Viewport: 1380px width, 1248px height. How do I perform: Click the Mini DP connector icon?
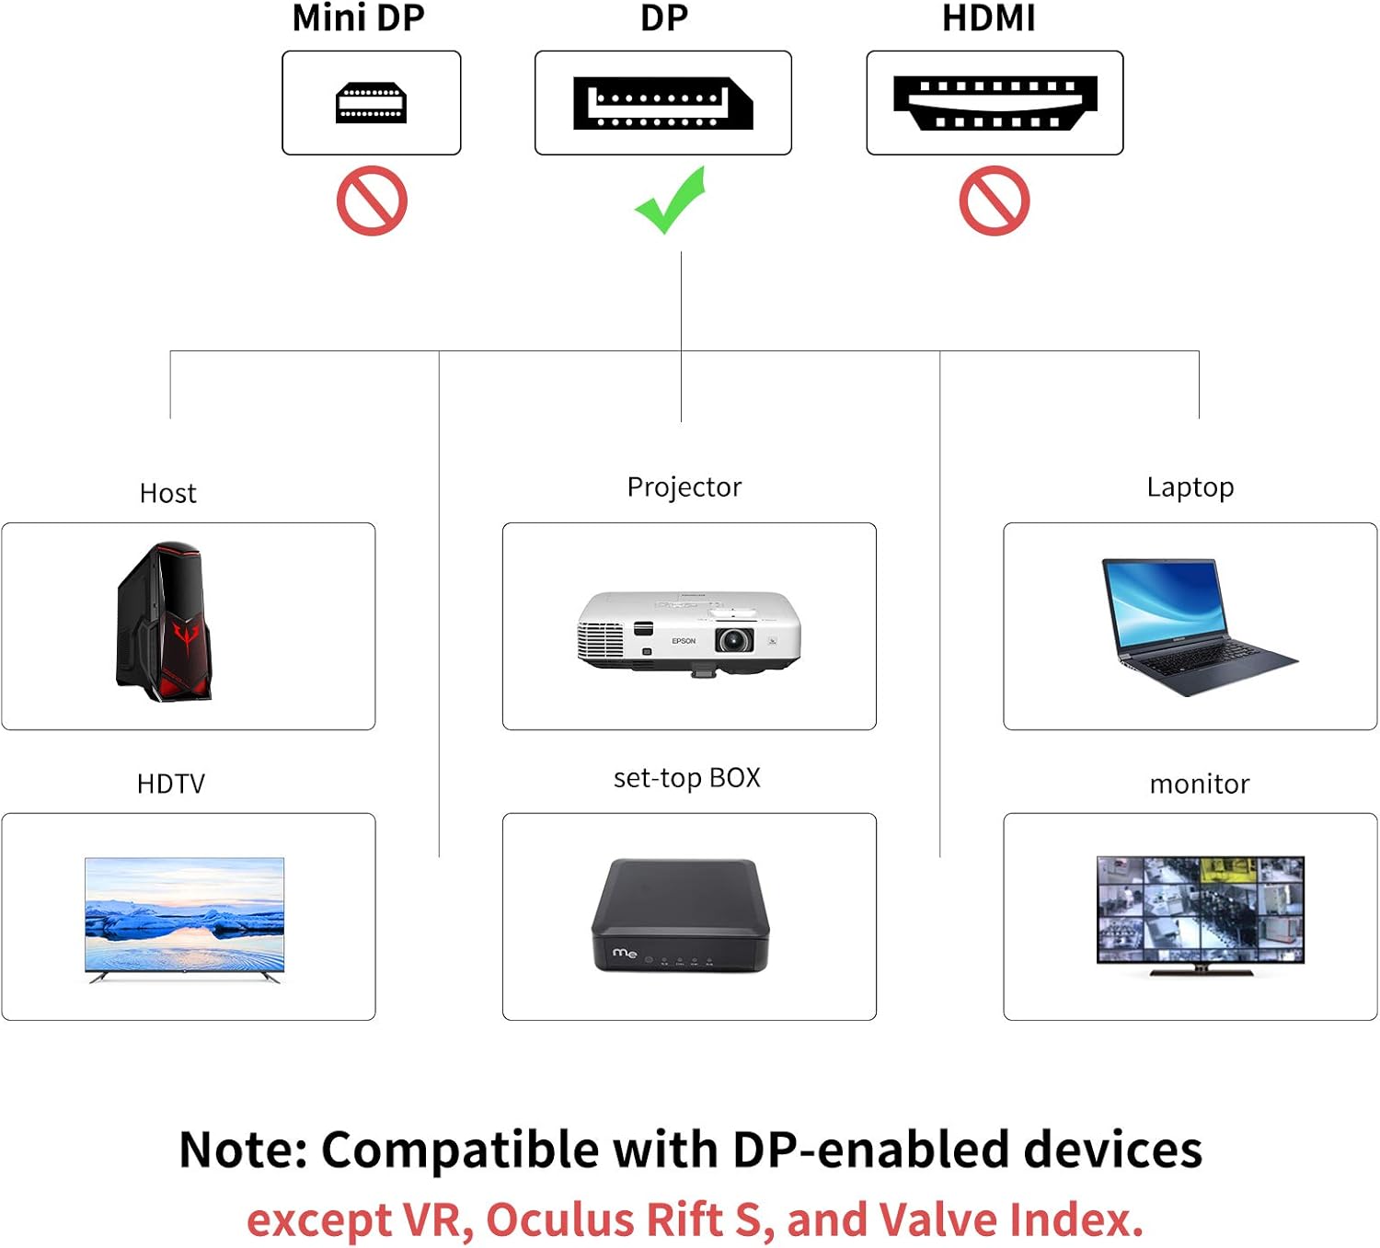[371, 103]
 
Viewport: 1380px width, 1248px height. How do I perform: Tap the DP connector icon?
[662, 103]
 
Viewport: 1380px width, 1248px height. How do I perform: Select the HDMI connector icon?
[995, 103]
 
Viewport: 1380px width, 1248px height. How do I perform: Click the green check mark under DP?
[671, 200]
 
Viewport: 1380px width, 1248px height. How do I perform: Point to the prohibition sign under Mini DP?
[372, 200]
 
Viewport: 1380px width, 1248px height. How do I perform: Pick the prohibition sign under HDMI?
[995, 200]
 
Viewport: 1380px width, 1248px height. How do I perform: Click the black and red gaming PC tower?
[164, 622]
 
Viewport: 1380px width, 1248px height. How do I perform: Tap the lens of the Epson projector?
[734, 639]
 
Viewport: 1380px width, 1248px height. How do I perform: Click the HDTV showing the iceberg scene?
[184, 916]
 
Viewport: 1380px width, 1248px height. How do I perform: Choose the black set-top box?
[680, 916]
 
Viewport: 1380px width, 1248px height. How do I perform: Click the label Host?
[167, 494]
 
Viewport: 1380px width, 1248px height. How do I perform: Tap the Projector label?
[684, 487]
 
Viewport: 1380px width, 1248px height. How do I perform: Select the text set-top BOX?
[686, 778]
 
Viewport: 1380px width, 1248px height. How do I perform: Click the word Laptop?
[1190, 487]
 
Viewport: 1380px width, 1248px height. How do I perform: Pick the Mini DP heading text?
[358, 18]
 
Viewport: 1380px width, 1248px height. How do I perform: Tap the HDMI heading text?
[988, 18]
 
